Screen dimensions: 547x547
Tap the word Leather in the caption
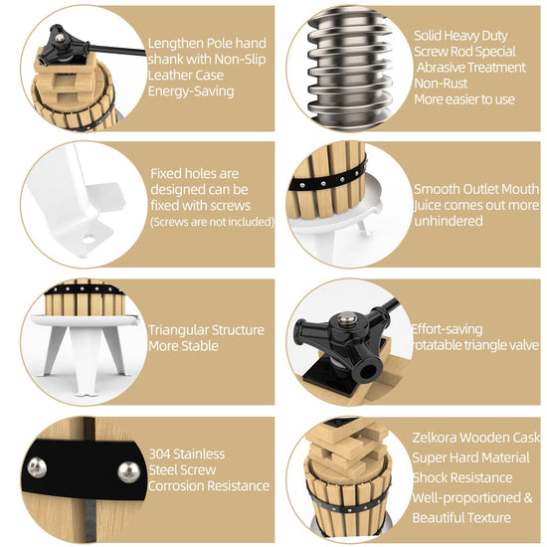(167, 75)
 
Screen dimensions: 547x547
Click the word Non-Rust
(441, 84)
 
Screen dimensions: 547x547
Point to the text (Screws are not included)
(212, 222)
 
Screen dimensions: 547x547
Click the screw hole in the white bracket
(89, 240)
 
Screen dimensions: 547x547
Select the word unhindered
(449, 221)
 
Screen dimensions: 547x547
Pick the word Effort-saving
(447, 329)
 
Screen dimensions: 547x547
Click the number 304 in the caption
(159, 455)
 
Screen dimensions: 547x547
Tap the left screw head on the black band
(37, 467)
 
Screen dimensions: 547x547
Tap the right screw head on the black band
(129, 471)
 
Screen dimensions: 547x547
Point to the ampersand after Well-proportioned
(528, 498)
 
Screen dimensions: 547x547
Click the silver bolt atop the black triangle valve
(345, 319)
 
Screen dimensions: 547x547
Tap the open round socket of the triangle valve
(367, 371)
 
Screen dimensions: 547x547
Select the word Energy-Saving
(191, 91)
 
